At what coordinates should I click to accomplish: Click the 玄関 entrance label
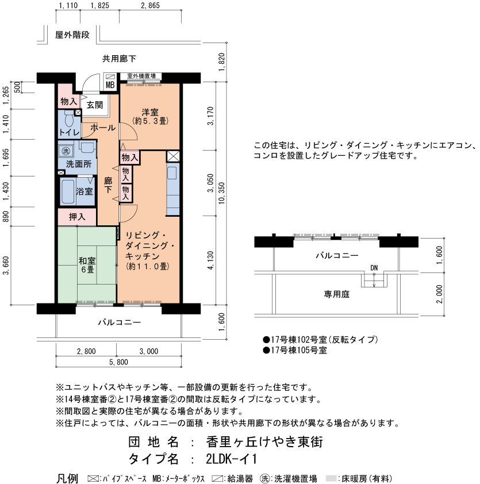pyautogui.click(x=94, y=105)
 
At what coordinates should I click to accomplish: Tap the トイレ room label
pyautogui.click(x=70, y=133)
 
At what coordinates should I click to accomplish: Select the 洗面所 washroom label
pyautogui.click(x=79, y=164)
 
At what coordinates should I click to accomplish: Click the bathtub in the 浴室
pyautogui.click(x=68, y=191)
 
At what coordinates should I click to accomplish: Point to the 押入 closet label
pyautogui.click(x=77, y=217)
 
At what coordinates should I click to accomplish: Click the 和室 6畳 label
pyautogui.click(x=87, y=265)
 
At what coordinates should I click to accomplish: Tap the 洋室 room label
pyautogui.click(x=150, y=112)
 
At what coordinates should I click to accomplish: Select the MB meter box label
pyautogui.click(x=110, y=85)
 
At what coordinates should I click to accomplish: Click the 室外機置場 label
pyautogui.click(x=141, y=76)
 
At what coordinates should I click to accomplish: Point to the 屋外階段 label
pyautogui.click(x=72, y=35)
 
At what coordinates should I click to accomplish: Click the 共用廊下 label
pyautogui.click(x=119, y=59)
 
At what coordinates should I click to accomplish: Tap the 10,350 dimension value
pyautogui.click(x=222, y=193)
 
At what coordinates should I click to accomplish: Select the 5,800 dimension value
pyautogui.click(x=118, y=362)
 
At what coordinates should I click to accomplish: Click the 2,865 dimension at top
pyautogui.click(x=151, y=5)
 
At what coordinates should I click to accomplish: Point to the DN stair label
pyautogui.click(x=374, y=268)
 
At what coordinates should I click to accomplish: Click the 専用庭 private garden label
pyautogui.click(x=336, y=294)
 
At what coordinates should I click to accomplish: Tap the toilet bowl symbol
pyautogui.click(x=69, y=119)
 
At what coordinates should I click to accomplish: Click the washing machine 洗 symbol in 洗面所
pyautogui.click(x=66, y=151)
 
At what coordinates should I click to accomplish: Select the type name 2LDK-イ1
pyautogui.click(x=231, y=459)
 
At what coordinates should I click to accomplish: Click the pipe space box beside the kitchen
pyautogui.click(x=173, y=157)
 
